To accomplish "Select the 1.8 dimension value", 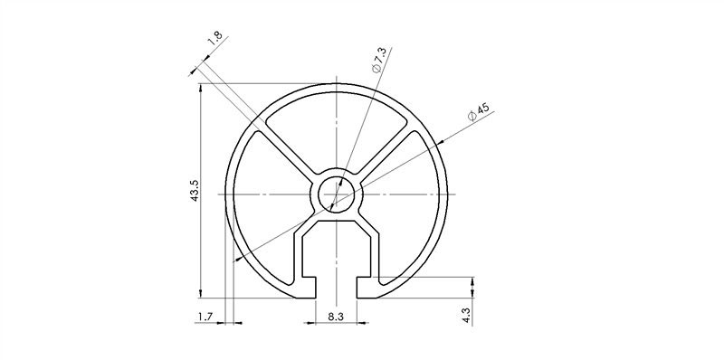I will tap(214, 39).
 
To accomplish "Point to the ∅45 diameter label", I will tap(478, 113).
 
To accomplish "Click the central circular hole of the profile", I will tap(337, 193).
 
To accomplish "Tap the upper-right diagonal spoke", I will tap(389, 151).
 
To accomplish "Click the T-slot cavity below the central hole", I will tap(336, 249).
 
